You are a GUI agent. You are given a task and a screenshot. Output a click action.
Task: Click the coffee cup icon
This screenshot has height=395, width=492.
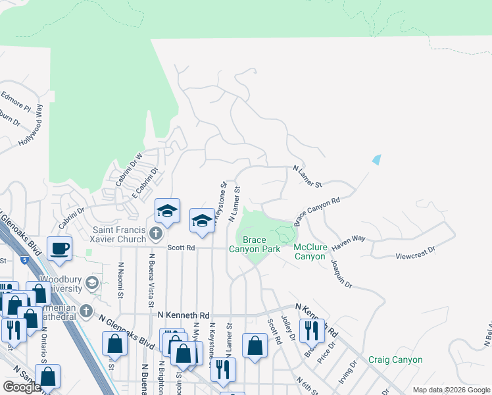pos(60,249)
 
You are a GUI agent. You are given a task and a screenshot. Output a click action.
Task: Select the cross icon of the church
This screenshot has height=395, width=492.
pos(155,234)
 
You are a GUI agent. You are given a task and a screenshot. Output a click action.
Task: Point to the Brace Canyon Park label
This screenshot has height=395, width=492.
pos(255,244)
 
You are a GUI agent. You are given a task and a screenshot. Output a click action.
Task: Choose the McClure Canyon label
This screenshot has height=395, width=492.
pos(309,251)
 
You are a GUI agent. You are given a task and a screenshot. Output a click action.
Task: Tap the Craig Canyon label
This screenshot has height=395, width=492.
pos(395,359)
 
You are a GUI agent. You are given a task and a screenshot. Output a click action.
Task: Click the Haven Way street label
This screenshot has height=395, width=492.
pos(348,242)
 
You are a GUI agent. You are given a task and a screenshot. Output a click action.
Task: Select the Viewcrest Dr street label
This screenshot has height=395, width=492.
pos(416,251)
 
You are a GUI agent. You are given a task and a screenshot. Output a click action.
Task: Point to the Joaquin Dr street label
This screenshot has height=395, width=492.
pos(342,275)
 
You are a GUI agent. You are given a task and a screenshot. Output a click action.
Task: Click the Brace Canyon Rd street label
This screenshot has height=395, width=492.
pos(317,209)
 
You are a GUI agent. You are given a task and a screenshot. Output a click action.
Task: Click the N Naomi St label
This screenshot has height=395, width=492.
pos(121,280)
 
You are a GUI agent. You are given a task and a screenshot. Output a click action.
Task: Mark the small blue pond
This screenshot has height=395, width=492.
pos(376,159)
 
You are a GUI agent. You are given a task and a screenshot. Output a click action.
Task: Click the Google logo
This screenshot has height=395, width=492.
pos(22,387)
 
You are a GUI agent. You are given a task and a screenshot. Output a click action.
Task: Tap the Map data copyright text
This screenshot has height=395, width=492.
pos(451,390)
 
